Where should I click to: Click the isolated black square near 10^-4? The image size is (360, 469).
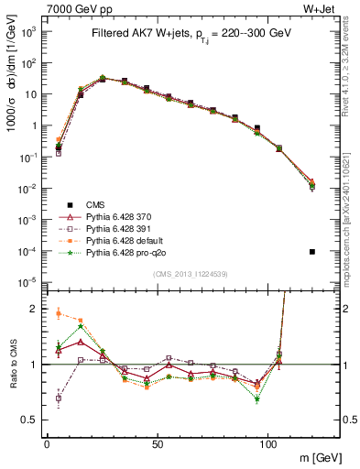[x=313, y=252]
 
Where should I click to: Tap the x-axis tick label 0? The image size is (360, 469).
[x=47, y=442]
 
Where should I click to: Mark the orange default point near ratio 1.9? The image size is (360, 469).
[x=59, y=313]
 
